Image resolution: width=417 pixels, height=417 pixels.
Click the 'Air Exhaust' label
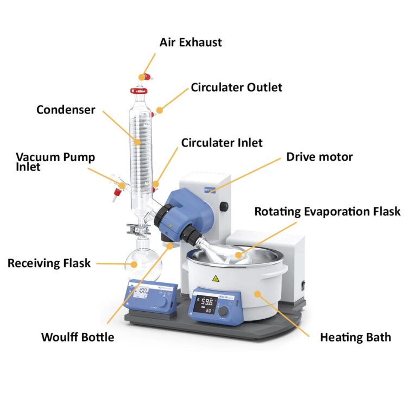pyautogui.click(x=190, y=42)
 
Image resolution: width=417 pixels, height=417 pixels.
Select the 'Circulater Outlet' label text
pyautogui.click(x=236, y=87)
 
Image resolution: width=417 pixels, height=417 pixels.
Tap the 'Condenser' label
pyautogui.click(x=66, y=110)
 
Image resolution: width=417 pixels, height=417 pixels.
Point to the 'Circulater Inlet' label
pyautogui.click(x=222, y=143)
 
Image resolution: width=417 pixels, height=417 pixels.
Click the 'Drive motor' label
pyautogui.click(x=319, y=157)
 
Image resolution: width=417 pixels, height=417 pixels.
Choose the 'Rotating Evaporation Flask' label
pyautogui.click(x=327, y=211)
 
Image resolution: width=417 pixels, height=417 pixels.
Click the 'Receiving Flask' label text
pyautogui.click(x=49, y=263)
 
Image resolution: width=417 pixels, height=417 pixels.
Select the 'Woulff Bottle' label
pyautogui.click(x=78, y=337)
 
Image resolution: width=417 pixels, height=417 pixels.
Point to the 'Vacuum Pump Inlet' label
pyautogui.click(x=55, y=162)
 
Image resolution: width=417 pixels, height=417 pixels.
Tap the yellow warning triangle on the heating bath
pyautogui.click(x=216, y=279)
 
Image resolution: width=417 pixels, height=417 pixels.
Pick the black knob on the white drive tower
pyautogui.click(x=224, y=206)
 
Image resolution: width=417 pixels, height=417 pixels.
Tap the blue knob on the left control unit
pyautogui.click(x=161, y=300)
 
